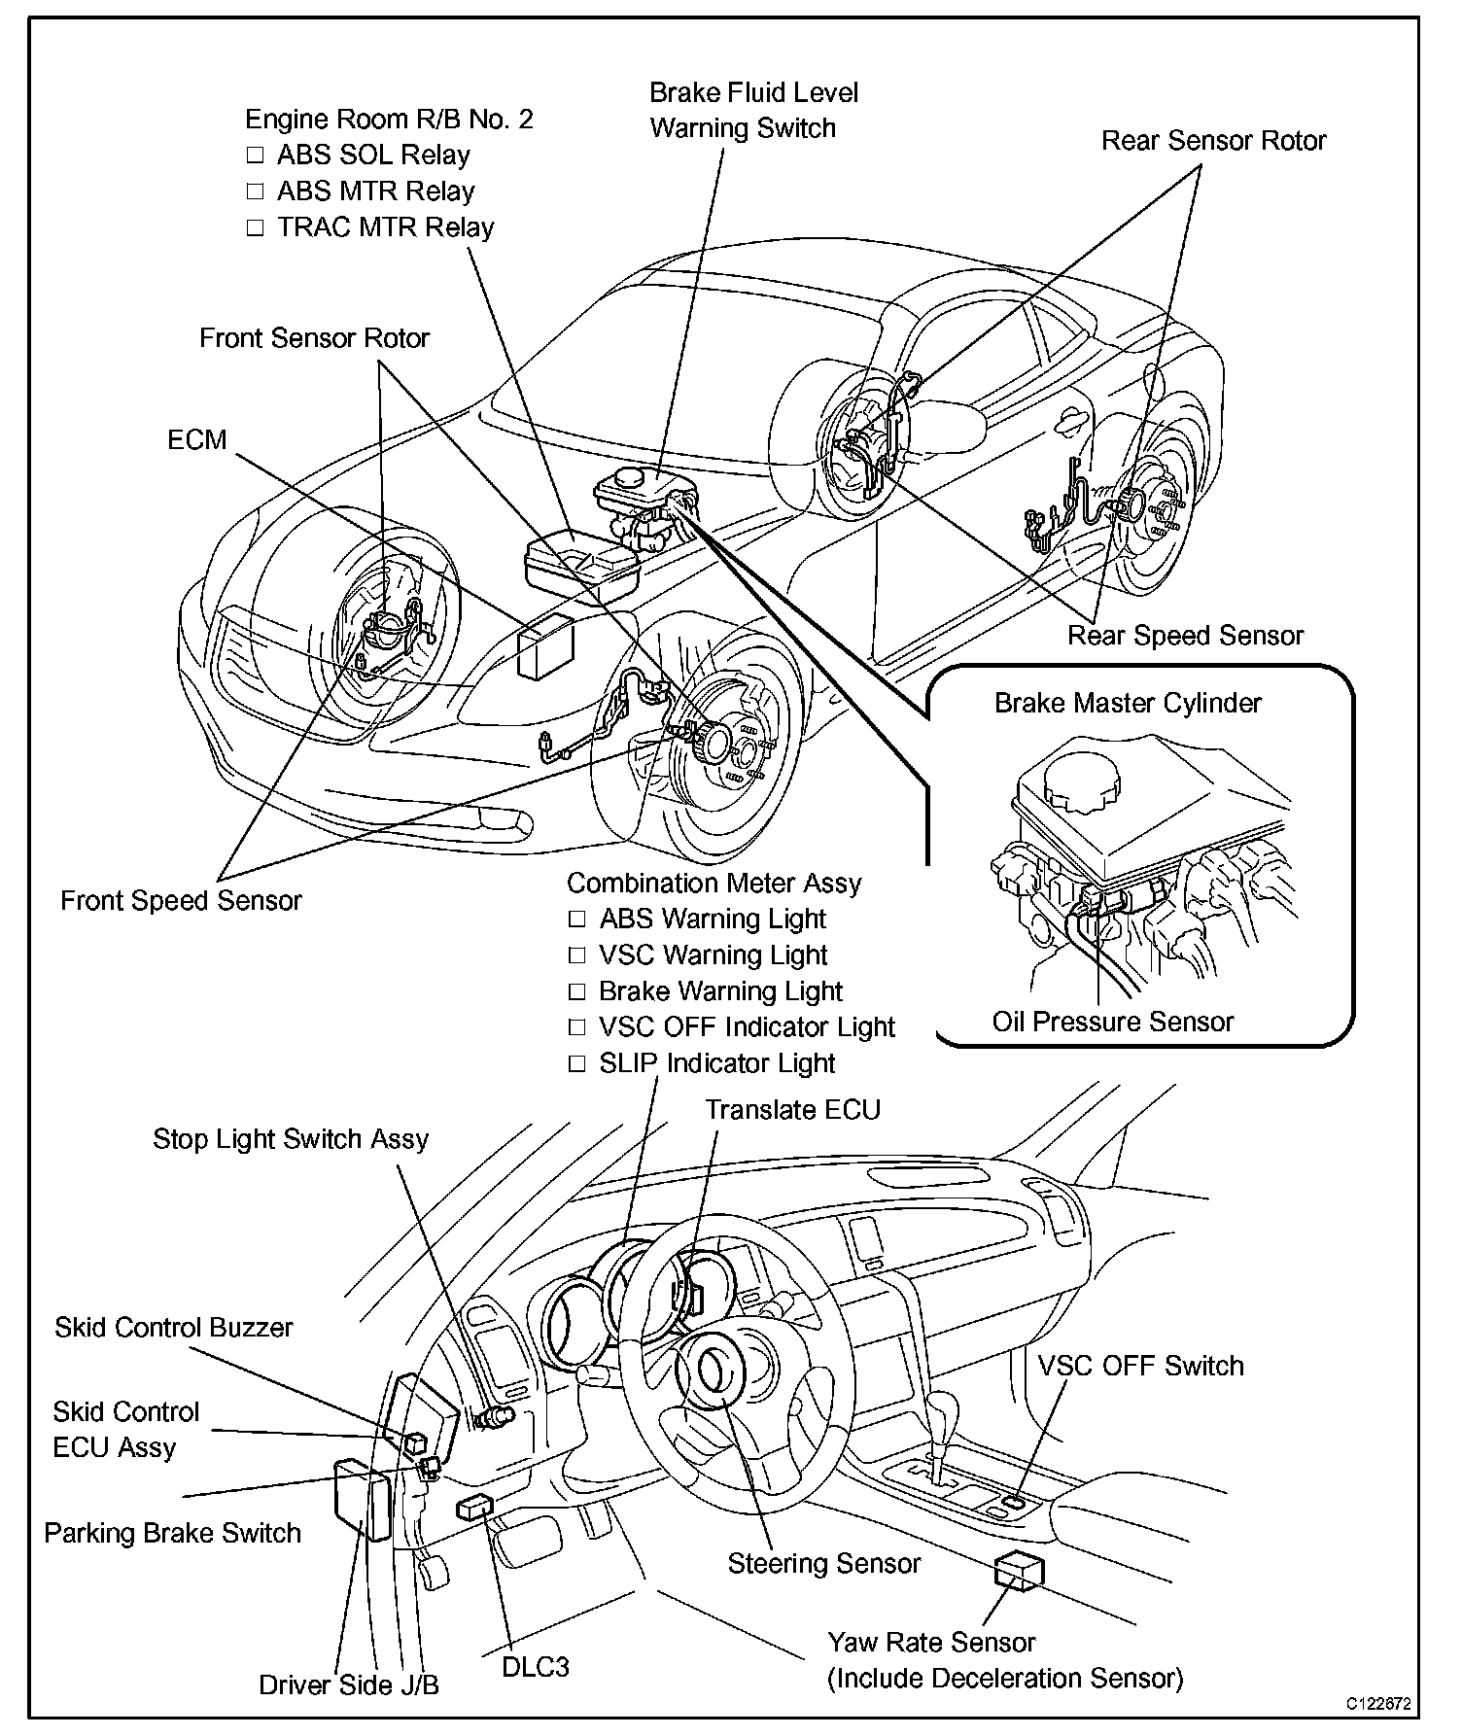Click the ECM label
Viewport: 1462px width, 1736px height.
coord(196,440)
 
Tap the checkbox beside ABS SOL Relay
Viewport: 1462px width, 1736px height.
coord(255,156)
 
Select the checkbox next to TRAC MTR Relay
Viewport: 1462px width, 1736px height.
coord(255,228)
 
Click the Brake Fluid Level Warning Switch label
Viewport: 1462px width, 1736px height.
coord(752,111)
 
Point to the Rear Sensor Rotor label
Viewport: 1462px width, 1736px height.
coord(1213,141)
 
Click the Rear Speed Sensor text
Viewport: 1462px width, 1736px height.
coord(1185,636)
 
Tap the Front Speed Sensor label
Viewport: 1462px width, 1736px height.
coord(181,901)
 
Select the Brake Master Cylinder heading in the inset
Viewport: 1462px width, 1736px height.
coord(1128,703)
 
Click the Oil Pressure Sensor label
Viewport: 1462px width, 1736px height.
coord(1112,1022)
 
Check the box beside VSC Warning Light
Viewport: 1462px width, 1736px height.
coord(577,955)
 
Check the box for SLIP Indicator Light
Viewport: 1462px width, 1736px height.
coord(577,1064)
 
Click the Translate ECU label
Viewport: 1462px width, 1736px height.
coord(792,1110)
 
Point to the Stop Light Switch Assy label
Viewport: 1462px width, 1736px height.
coord(291,1139)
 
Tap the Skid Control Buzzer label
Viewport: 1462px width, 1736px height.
coord(173,1328)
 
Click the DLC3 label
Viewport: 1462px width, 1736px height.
coord(536,1667)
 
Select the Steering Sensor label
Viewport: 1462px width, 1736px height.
coord(823,1564)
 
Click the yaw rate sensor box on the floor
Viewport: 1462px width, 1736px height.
coord(1019,1570)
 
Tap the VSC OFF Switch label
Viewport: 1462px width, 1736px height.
coord(1140,1366)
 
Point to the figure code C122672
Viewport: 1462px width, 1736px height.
coord(1377,1704)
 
